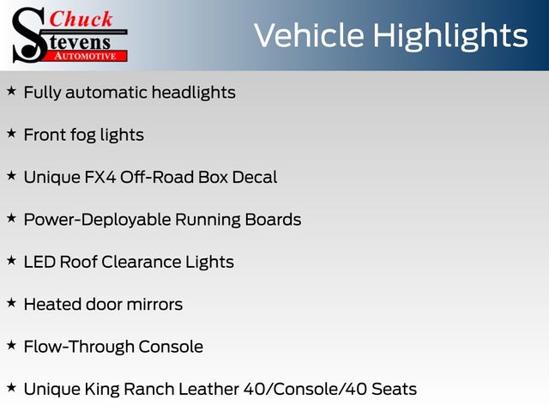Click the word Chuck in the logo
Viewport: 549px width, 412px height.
[81, 19]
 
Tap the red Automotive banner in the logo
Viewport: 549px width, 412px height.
[85, 56]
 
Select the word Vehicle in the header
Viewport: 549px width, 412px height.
[309, 35]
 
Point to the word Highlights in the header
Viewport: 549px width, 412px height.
[450, 37]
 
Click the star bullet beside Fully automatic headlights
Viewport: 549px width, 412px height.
[11, 91]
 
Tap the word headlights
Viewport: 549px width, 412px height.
[194, 93]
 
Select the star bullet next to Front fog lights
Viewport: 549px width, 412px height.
[11, 134]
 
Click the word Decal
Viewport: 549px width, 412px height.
[255, 178]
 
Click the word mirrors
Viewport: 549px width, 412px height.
[154, 305]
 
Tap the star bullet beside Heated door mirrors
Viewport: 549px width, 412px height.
[11, 303]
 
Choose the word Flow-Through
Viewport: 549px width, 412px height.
[79, 347]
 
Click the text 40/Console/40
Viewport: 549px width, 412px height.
[305, 389]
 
